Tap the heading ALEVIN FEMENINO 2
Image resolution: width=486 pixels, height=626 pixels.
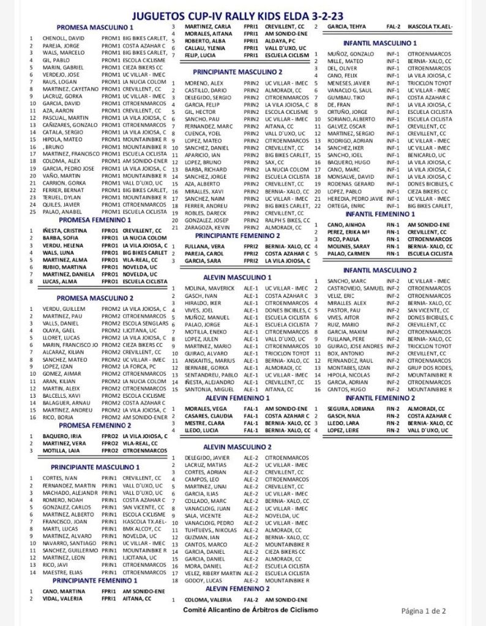coord(237,588)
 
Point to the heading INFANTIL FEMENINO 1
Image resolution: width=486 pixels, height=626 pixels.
coord(380,214)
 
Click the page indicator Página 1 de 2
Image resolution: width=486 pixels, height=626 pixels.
coord(423,610)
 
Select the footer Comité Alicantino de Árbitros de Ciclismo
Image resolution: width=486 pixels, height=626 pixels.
coord(250,610)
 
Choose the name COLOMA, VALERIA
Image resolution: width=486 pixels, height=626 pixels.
coord(208,600)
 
